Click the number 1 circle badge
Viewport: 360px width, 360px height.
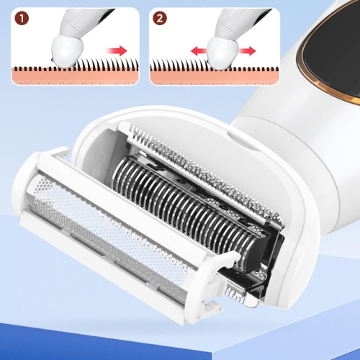click(x=22, y=19)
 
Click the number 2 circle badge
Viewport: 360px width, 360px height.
click(x=160, y=19)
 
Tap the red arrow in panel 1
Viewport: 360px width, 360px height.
click(x=117, y=50)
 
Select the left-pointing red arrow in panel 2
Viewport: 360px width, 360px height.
click(x=199, y=50)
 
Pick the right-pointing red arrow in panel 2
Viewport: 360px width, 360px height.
click(x=247, y=50)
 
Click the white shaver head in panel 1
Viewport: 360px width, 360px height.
click(x=67, y=50)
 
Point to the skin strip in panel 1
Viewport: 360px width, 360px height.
click(x=76, y=77)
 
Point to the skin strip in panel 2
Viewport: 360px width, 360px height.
click(x=215, y=77)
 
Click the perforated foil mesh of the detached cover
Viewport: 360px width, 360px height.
click(x=108, y=236)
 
